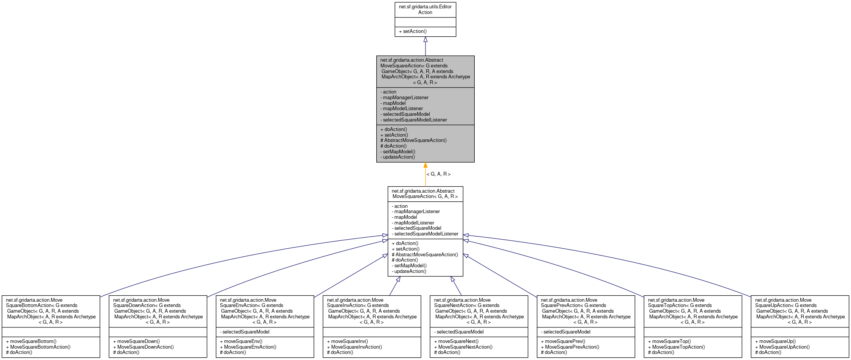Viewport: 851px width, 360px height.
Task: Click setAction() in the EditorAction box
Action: (413, 31)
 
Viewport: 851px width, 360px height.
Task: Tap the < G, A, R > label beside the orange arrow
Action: (438, 174)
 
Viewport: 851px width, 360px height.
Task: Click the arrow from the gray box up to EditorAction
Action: (425, 46)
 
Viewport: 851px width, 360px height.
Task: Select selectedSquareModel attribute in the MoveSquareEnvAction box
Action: (246, 332)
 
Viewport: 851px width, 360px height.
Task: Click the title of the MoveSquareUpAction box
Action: (800, 311)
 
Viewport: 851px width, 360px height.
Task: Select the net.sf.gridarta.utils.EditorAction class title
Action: (425, 9)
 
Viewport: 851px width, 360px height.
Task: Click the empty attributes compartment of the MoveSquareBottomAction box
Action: (51, 332)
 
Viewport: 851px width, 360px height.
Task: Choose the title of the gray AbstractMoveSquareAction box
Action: (425, 71)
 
